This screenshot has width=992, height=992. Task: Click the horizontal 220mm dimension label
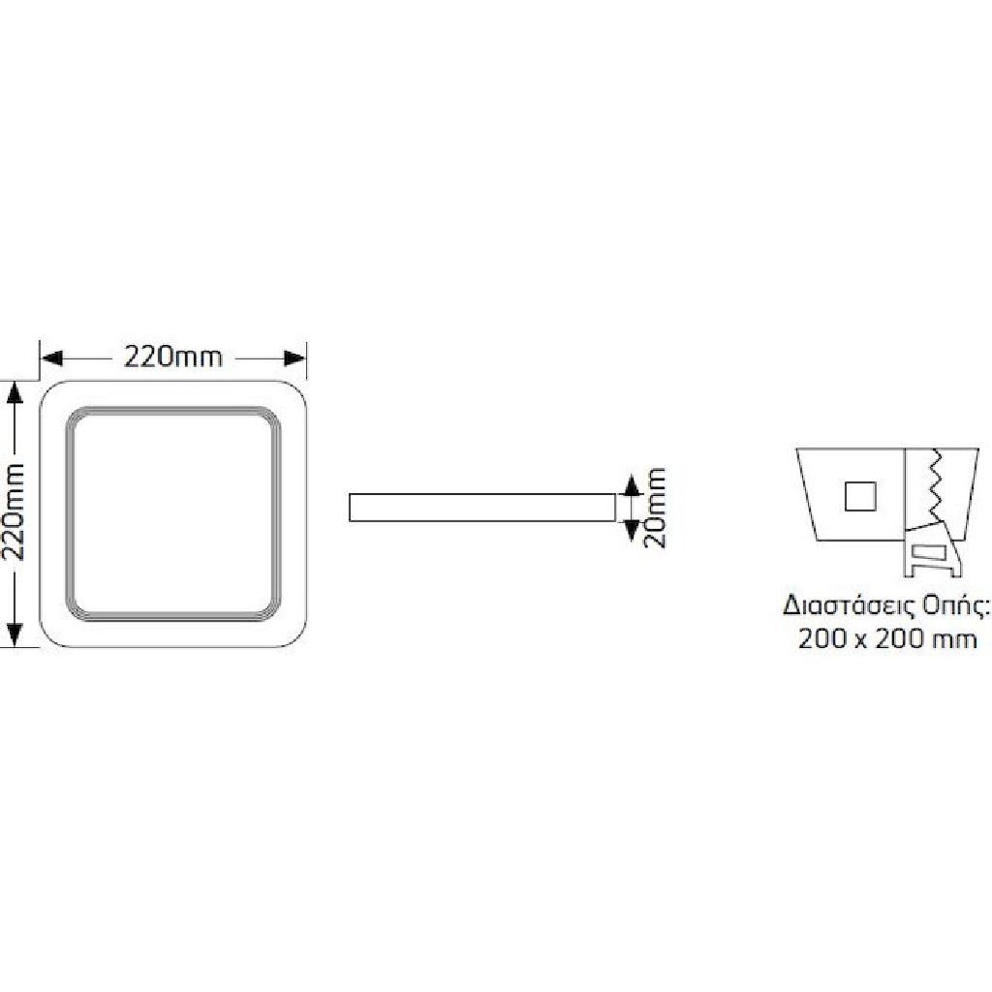pos(173,357)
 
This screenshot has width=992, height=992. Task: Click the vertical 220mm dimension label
pos(14,512)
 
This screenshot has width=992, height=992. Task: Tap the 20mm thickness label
pos(655,508)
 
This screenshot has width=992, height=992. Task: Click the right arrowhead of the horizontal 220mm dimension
pos(294,358)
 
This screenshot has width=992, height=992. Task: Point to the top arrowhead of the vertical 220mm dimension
pos(15,393)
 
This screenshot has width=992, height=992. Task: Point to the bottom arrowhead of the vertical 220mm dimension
pos(15,635)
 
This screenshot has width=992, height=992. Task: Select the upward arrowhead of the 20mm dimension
pos(630,484)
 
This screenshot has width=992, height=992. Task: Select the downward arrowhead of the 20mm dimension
pos(630,531)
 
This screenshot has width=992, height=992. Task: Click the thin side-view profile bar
pos(482,508)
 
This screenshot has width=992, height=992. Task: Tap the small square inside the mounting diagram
pos(860,496)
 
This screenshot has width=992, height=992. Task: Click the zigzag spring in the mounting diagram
pos(935,485)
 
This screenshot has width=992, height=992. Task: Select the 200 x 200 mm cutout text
pos(887,639)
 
